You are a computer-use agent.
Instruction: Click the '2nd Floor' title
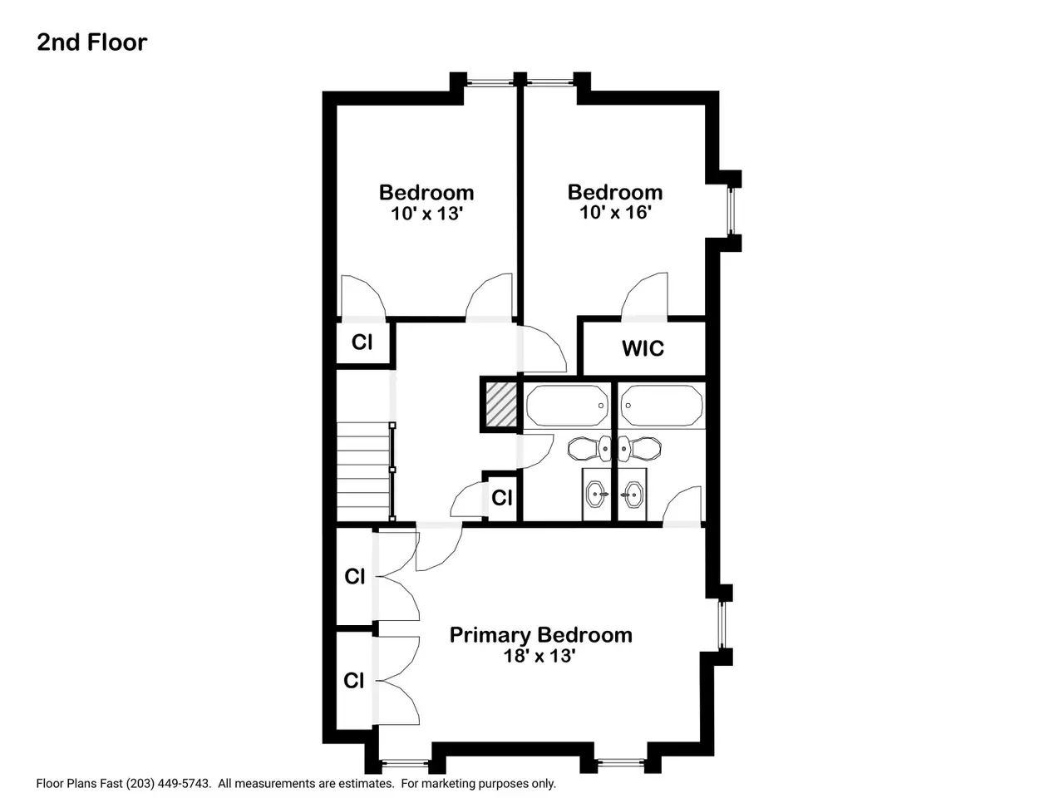[x=91, y=42]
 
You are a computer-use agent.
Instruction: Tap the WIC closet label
[x=643, y=348]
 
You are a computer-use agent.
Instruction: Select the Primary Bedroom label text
[x=540, y=635]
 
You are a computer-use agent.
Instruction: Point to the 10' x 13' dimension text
[x=427, y=213]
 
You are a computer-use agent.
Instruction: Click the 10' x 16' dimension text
[x=615, y=212]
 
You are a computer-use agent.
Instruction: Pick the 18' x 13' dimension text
[x=539, y=656]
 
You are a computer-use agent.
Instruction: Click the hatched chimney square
[x=501, y=405]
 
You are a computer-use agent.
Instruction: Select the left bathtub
[x=568, y=406]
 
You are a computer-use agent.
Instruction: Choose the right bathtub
[x=661, y=406]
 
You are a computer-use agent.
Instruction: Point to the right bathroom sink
[x=632, y=495]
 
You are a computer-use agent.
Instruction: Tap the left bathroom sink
[x=597, y=495]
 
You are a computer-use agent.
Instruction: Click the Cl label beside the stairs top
[x=362, y=342]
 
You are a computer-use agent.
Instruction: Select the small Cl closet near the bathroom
[x=502, y=498]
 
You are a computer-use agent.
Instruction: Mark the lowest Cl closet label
[x=353, y=681]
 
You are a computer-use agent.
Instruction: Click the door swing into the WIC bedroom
[x=644, y=296]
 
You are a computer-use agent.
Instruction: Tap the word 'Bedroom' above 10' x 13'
[x=426, y=192]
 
